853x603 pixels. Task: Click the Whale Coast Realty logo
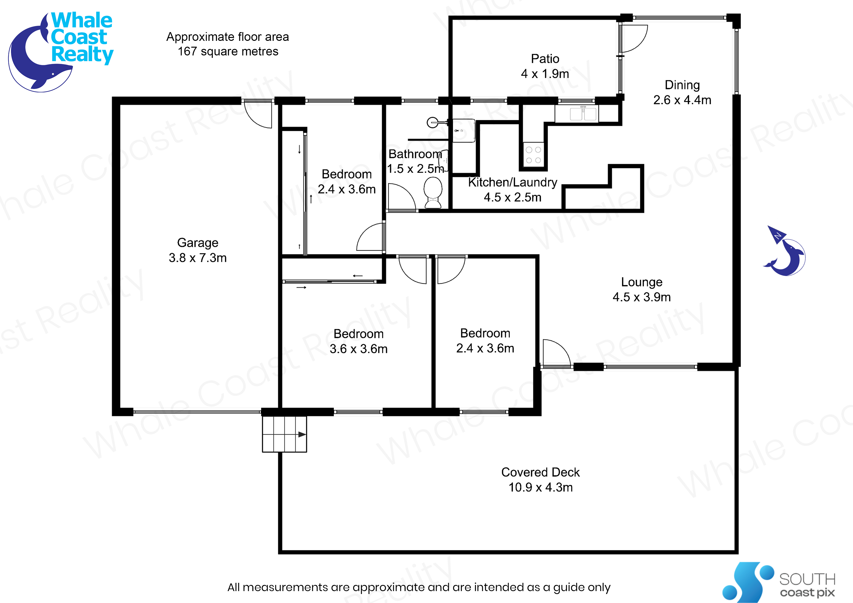61,50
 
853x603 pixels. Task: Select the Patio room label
545,59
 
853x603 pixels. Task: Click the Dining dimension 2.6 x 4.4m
682,100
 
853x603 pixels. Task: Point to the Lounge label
642,282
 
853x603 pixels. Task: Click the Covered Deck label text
540,472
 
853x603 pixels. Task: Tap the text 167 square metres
228,51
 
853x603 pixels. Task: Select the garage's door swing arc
258,115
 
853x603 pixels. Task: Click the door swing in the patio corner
635,38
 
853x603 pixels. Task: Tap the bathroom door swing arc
401,197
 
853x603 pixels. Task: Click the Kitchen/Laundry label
512,182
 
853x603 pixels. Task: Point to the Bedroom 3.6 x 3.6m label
358,341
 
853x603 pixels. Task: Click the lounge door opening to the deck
556,353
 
